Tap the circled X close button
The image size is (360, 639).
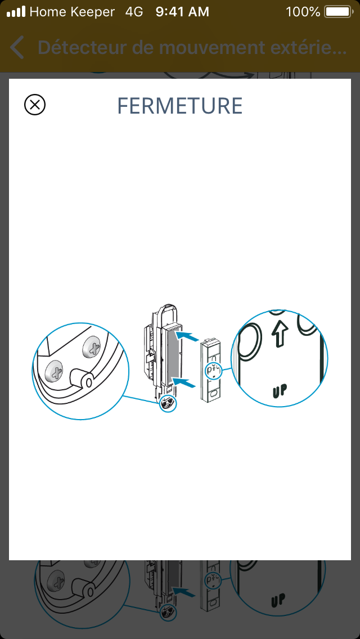tap(35, 105)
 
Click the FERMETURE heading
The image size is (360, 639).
tap(180, 106)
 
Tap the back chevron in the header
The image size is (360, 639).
tap(17, 48)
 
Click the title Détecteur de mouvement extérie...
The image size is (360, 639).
tap(192, 48)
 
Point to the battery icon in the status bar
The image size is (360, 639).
tap(339, 12)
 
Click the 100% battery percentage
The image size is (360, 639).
tap(303, 12)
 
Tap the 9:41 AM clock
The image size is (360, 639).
tap(182, 12)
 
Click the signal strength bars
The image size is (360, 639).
tap(16, 12)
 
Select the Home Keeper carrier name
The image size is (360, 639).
tap(72, 12)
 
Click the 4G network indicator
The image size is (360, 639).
tap(134, 12)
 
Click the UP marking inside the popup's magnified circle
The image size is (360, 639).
tap(280, 390)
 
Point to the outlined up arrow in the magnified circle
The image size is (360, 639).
tap(279, 332)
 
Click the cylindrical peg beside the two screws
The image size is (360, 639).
tap(81, 378)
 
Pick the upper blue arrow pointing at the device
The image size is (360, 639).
tap(188, 336)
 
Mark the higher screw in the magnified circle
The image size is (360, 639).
tap(92, 347)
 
